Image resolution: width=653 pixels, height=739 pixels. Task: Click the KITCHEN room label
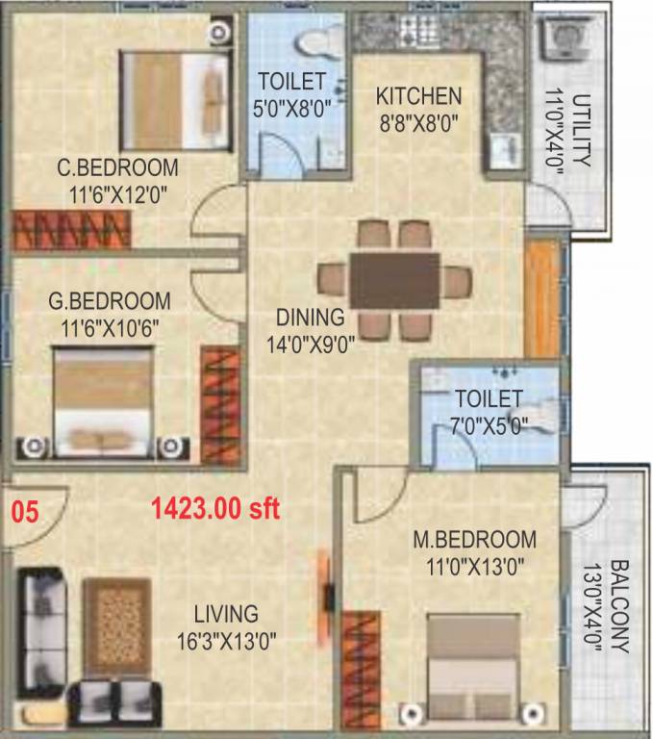pyautogui.click(x=418, y=96)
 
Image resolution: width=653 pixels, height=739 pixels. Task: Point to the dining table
pyautogui.click(x=394, y=280)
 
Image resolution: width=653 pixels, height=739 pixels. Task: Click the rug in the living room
pyautogui.click(x=116, y=625)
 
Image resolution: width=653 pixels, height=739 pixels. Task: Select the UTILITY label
pyautogui.click(x=582, y=131)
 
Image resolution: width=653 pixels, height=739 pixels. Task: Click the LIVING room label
pyautogui.click(x=225, y=614)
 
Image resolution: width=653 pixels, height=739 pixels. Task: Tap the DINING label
pyautogui.click(x=309, y=317)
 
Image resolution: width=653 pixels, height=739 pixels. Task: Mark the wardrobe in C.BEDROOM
pyautogui.click(x=72, y=231)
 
